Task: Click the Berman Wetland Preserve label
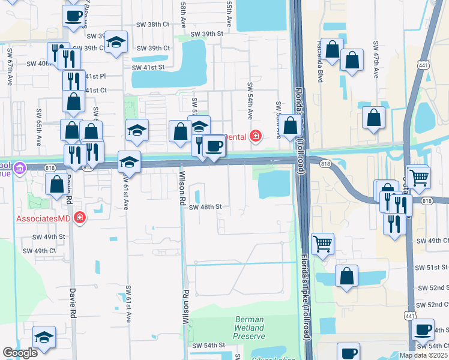pyautogui.click(x=249, y=328)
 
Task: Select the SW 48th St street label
pyautogui.click(x=205, y=207)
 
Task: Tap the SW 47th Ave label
pyautogui.click(x=376, y=61)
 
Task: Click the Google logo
pyautogui.click(x=20, y=353)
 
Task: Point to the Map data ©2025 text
pyautogui.click(x=423, y=355)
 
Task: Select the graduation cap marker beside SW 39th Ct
pyautogui.click(x=117, y=42)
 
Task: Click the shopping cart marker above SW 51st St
pyautogui.click(x=322, y=244)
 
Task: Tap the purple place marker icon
pyautogui.click(x=19, y=168)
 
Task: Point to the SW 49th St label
pyautogui.click(x=49, y=237)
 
